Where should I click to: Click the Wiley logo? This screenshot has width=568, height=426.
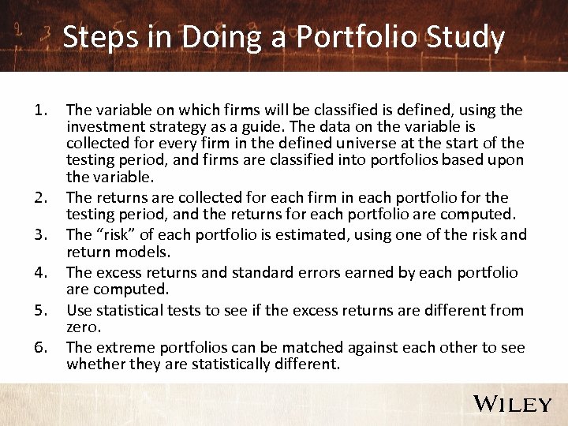(512, 404)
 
